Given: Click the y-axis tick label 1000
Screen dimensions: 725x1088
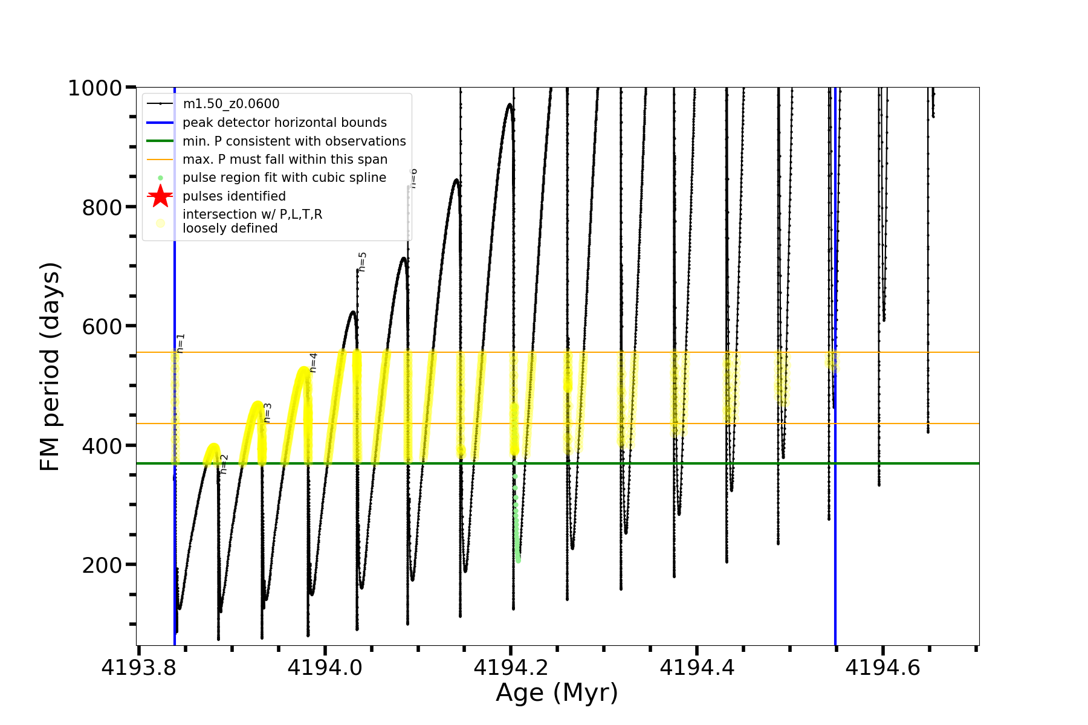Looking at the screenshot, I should pyautogui.click(x=95, y=88).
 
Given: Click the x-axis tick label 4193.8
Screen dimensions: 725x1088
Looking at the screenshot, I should pyautogui.click(x=139, y=668).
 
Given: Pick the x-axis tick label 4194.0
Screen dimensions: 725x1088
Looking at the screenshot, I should pyautogui.click(x=325, y=668).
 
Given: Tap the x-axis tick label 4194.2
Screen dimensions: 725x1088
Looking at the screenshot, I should pyautogui.click(x=511, y=668).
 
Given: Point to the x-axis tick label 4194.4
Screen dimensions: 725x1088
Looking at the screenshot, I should pyautogui.click(x=697, y=668).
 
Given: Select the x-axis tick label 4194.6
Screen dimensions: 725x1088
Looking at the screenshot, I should pyautogui.click(x=883, y=668).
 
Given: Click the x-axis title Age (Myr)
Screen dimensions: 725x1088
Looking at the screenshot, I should pyautogui.click(x=557, y=693).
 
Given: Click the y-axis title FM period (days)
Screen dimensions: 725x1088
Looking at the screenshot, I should pyautogui.click(x=51, y=367).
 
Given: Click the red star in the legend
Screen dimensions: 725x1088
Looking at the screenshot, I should pyautogui.click(x=160, y=196).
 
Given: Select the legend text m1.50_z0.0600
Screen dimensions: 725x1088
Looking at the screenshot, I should pyautogui.click(x=231, y=105).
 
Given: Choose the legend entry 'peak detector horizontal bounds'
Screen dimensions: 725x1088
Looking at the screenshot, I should pyautogui.click(x=284, y=123).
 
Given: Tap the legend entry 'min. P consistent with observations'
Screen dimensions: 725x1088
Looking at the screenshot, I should pyautogui.click(x=294, y=141).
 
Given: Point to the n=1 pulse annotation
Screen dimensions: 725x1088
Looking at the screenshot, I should pyautogui.click(x=181, y=343).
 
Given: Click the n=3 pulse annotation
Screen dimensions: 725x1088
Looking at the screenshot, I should pyautogui.click(x=268, y=412).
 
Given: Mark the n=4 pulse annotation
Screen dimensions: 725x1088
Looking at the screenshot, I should pyautogui.click(x=313, y=362).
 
